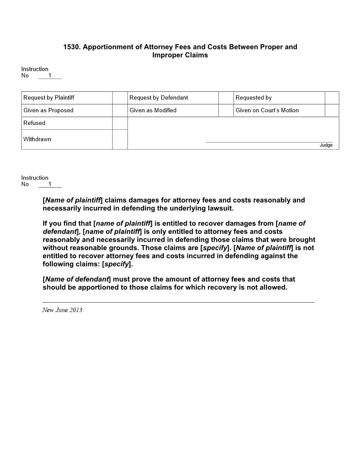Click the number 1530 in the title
71,47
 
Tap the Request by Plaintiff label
49,98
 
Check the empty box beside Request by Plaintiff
120,98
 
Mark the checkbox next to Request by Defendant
226,98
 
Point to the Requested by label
254,98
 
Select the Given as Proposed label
48,110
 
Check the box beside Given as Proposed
120,110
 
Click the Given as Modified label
153,110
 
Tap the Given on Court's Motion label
267,110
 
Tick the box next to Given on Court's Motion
332,110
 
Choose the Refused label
34,123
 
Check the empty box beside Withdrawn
120,139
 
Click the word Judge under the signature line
326,145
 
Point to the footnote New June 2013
62,310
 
